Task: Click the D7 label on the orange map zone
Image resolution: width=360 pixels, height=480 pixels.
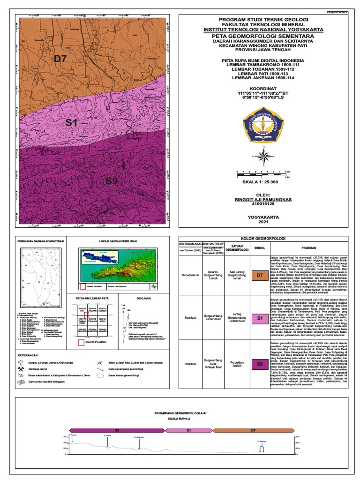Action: [61, 59]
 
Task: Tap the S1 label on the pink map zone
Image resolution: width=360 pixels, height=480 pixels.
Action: [71, 123]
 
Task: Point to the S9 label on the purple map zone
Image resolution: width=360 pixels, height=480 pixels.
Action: [112, 181]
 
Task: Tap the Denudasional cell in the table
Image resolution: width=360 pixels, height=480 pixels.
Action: [188, 276]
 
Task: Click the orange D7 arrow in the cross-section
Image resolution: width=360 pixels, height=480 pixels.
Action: [253, 429]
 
